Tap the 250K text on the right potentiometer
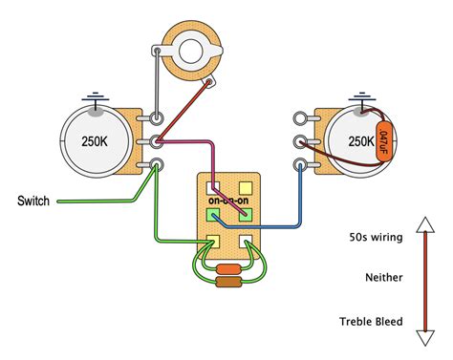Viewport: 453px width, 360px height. click(x=360, y=140)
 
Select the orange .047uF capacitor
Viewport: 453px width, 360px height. click(x=383, y=138)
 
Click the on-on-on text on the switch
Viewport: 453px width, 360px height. click(x=230, y=201)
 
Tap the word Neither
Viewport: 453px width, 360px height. click(x=384, y=277)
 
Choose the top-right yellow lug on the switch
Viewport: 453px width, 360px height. click(x=246, y=187)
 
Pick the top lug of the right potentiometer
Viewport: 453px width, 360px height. click(x=303, y=120)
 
